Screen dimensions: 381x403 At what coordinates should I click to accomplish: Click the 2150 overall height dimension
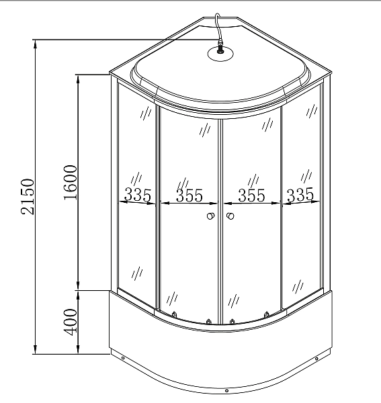28,197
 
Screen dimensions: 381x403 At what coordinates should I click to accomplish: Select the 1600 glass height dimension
70,183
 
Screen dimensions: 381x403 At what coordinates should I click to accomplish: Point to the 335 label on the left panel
138,195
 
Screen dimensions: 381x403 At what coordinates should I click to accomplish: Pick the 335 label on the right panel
300,195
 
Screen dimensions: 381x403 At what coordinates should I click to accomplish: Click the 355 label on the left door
189,195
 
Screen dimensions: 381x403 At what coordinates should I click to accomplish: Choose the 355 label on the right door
251,195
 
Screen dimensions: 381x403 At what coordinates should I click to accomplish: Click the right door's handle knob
230,216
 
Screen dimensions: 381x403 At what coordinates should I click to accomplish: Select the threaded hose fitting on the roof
220,48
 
